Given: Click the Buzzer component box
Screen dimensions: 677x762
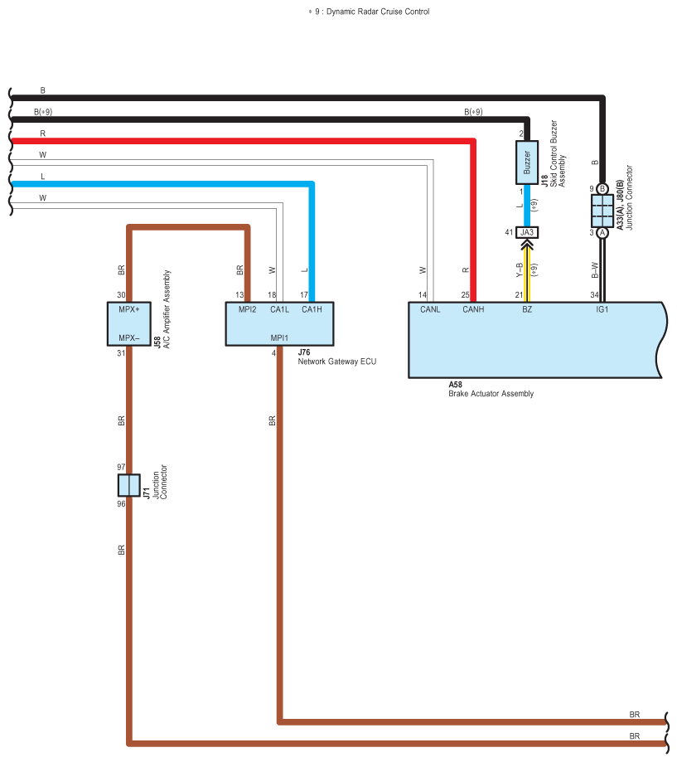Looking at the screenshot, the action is point(527,163).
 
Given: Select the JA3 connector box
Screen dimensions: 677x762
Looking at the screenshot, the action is point(527,232).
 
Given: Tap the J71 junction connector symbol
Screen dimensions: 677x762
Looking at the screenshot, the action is point(129,485).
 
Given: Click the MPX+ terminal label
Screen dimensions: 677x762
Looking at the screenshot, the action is point(129,309).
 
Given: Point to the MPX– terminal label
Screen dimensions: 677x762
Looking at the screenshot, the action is point(129,337).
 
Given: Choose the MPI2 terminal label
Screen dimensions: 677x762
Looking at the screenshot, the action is point(247,309).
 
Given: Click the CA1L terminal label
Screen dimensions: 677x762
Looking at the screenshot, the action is point(280,309).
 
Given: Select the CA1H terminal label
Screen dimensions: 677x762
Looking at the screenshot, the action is point(312,309).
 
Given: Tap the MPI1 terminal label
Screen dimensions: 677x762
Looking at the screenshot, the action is point(279,337).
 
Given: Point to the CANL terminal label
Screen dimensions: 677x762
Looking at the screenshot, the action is point(430,309).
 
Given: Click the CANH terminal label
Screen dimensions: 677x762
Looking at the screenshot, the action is point(473,309).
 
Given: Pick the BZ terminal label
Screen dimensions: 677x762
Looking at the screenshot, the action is point(527,309).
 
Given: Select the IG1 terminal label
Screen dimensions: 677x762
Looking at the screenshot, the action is point(602,309).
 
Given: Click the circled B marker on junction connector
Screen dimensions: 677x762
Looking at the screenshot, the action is point(602,188).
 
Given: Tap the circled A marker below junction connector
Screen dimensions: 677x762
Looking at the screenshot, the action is point(602,233).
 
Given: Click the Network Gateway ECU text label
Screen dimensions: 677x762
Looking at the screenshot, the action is point(337,362).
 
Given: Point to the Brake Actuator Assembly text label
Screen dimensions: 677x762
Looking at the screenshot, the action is point(491,394).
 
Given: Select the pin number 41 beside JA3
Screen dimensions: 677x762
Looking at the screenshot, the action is point(509,232).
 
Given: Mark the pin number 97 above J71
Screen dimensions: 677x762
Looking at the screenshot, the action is point(121,467).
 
